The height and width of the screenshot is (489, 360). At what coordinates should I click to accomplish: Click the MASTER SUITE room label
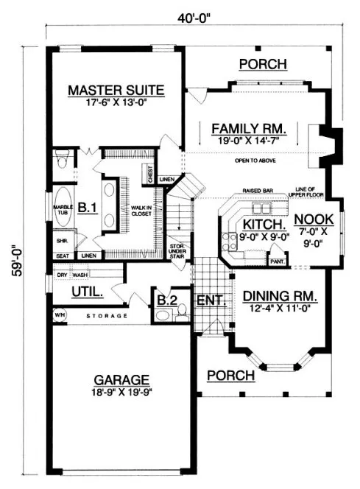pyautogui.click(x=116, y=91)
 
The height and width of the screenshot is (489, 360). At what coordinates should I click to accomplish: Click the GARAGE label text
pyautogui.click(x=121, y=379)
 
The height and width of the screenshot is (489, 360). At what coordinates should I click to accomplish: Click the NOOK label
pyautogui.click(x=314, y=219)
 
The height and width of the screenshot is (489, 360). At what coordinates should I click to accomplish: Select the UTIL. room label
pyautogui.click(x=86, y=293)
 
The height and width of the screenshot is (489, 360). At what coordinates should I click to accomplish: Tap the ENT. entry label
pyautogui.click(x=211, y=300)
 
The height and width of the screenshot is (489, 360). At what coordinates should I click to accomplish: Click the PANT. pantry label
pyautogui.click(x=278, y=261)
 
